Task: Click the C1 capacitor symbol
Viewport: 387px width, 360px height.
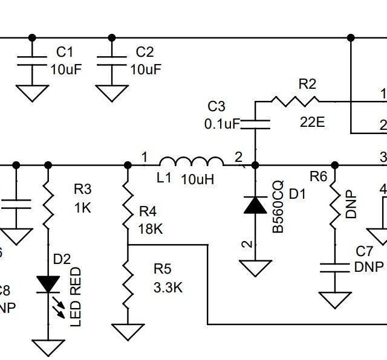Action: tap(32, 61)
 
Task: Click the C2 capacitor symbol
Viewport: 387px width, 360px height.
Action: tap(112, 61)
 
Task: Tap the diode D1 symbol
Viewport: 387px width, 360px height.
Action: tap(255, 205)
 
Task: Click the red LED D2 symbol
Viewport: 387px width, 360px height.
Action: tap(48, 284)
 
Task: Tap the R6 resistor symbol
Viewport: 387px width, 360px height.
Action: tap(334, 205)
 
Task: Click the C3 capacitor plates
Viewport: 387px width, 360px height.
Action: tap(255, 124)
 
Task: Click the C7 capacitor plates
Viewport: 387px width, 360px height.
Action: tap(334, 267)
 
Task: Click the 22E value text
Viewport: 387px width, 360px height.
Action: tap(313, 122)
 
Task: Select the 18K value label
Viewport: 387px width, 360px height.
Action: tap(151, 230)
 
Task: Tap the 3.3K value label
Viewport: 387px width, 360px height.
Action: tap(167, 288)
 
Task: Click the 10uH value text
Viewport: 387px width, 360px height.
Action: tap(198, 180)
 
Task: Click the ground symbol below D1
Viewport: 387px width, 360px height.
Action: tap(255, 267)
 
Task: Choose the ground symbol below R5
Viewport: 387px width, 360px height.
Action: tap(128, 332)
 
